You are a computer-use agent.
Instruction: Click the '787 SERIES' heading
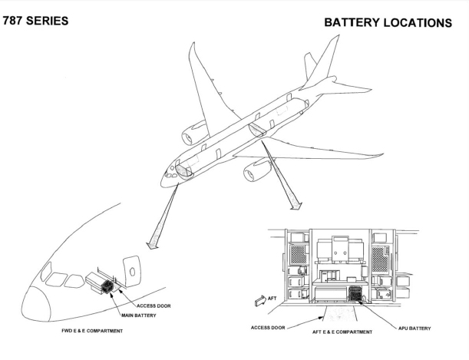(x=35, y=21)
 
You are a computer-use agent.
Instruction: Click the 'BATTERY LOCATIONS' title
(x=388, y=23)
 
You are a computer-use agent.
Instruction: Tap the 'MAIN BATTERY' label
(x=139, y=315)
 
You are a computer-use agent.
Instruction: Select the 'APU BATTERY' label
(x=415, y=329)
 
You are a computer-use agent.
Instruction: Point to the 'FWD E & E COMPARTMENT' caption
(x=92, y=331)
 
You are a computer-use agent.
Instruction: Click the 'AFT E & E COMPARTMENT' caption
(x=342, y=332)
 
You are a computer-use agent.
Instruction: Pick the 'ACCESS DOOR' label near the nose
(x=154, y=306)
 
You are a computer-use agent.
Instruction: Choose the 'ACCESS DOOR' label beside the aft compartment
(x=268, y=328)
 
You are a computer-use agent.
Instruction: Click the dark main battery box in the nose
(x=107, y=286)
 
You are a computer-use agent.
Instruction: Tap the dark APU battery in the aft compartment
(x=355, y=294)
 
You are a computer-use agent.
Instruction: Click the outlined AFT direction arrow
(x=260, y=300)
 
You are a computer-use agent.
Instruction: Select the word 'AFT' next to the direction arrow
(x=272, y=299)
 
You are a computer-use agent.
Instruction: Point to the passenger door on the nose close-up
(x=132, y=271)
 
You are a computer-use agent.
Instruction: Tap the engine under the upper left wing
(x=195, y=133)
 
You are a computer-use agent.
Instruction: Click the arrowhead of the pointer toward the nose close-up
(x=153, y=245)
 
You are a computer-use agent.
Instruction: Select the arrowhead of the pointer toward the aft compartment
(x=296, y=206)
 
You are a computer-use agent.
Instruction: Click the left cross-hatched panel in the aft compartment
(x=299, y=254)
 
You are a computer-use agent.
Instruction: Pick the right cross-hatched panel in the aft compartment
(x=380, y=259)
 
